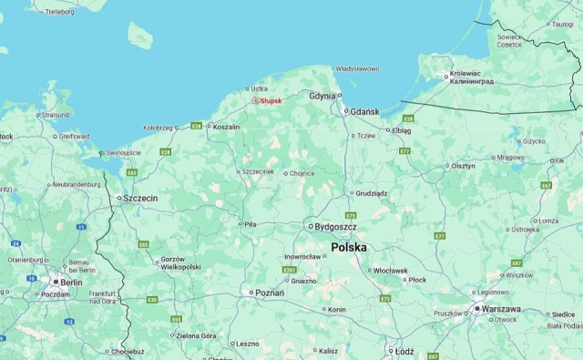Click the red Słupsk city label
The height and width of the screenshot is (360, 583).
[271, 101]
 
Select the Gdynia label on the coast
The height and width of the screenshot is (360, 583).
[322, 95]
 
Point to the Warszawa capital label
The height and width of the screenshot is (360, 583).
[502, 309]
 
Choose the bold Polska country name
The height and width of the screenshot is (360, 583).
[349, 247]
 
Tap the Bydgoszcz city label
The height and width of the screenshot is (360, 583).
[335, 226]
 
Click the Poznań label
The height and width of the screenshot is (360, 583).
[270, 293]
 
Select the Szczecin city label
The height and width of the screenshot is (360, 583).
[140, 198]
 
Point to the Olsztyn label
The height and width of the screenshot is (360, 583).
[463, 166]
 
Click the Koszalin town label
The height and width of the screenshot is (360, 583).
[225, 127]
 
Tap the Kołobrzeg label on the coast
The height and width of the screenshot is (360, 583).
[158, 128]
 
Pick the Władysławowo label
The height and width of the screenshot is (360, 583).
[357, 68]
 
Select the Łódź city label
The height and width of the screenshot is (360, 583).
[404, 350]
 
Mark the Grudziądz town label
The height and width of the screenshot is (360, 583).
[371, 193]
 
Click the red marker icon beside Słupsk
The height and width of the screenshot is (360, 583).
[256, 101]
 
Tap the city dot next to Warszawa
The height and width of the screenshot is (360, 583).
[476, 309]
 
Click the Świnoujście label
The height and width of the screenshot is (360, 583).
[123, 152]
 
